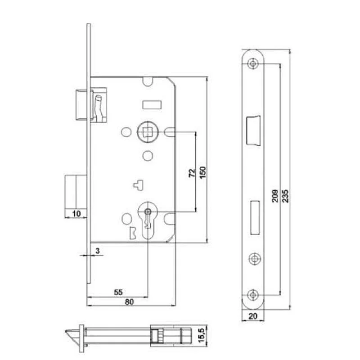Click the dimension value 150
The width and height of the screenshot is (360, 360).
coord(203,173)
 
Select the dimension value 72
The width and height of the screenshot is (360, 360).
coord(192,173)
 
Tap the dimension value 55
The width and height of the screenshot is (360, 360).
coord(118,292)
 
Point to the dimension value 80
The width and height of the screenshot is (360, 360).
coord(129,301)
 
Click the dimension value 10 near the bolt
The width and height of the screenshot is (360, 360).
coord(76,213)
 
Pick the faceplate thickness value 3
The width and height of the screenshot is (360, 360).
coord(98,251)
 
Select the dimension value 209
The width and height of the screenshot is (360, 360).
coord(275,196)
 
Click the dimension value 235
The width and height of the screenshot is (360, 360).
coord(285,196)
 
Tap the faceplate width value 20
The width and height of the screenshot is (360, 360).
coord(253,316)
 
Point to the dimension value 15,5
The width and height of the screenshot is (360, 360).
coord(201,335)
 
